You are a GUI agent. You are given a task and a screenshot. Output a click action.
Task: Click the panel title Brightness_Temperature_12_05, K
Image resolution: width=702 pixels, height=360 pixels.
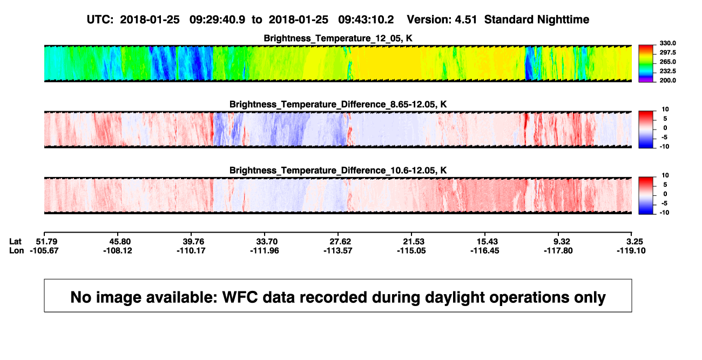point(338,38)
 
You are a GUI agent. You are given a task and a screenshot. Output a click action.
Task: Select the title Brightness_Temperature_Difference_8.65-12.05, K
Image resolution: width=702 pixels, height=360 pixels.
point(338,104)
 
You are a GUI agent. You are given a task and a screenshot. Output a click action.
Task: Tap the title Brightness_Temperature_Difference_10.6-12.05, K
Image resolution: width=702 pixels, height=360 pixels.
point(338,171)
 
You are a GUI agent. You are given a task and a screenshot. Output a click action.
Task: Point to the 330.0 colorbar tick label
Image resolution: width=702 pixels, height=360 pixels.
point(667,43)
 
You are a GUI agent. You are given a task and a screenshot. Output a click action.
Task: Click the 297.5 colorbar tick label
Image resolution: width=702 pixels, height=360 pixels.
point(667,52)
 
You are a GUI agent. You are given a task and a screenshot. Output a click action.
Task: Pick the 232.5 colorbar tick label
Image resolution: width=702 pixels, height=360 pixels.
point(667,71)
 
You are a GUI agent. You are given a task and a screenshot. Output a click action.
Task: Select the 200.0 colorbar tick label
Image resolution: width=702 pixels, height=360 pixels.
point(667,80)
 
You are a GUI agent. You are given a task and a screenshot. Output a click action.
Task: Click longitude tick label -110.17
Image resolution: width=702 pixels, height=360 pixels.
point(191,250)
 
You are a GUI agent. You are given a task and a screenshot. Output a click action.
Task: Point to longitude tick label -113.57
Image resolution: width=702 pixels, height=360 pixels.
point(338,250)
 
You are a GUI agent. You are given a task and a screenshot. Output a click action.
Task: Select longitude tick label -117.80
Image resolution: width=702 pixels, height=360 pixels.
point(558,250)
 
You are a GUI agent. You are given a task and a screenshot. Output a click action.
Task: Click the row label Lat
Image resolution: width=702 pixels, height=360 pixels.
point(15,242)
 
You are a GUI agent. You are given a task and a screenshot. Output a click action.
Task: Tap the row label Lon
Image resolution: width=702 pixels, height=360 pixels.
point(16,250)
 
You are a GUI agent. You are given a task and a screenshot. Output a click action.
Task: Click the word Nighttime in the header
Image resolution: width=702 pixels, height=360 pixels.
point(563,20)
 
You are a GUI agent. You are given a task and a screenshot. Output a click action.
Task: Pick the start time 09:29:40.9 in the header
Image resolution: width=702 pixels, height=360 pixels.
point(217,20)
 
